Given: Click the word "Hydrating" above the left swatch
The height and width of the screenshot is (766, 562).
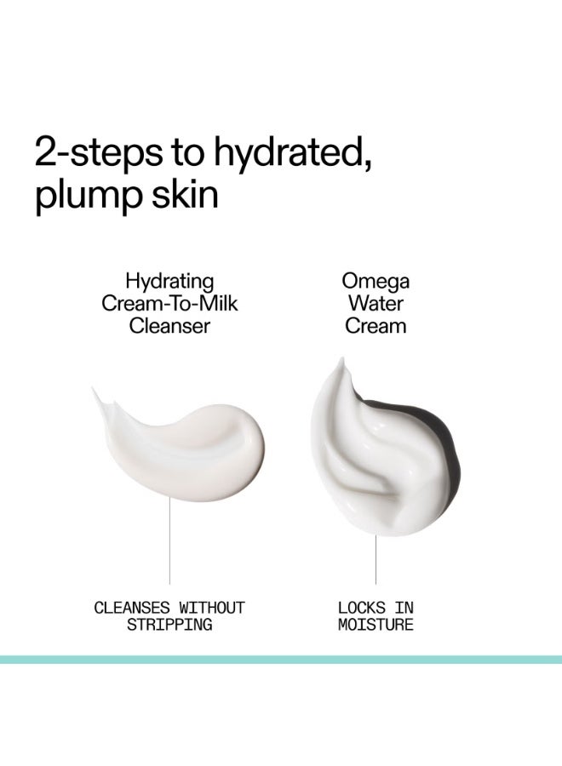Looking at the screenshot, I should [169, 281].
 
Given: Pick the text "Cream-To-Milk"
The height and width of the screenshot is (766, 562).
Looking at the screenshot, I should [169, 303].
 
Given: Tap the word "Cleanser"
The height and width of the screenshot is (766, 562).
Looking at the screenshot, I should [169, 325].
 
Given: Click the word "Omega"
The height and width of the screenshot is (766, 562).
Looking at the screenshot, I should [376, 281].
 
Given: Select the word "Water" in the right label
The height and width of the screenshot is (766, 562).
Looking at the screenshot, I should [376, 303].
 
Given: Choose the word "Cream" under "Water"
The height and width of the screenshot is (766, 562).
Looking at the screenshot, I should [376, 325].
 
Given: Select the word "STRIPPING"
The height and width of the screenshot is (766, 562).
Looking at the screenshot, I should [169, 625].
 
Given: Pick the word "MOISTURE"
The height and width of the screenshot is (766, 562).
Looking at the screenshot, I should [376, 625].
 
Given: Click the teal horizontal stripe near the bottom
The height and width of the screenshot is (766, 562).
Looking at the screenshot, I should [281, 659].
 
